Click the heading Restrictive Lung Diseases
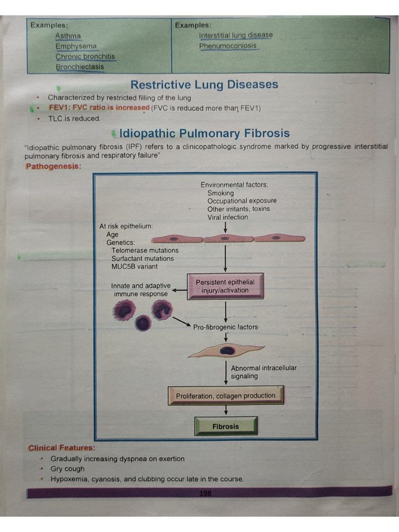[204, 85]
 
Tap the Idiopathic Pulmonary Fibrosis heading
[204, 134]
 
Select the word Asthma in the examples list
[68, 36]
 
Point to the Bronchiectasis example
[79, 67]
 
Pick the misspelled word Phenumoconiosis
[228, 46]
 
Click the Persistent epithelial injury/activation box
[225, 286]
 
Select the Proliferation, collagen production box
[225, 396]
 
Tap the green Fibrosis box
[225, 427]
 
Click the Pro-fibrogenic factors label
[225, 327]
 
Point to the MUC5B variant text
[135, 267]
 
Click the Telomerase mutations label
[144, 250]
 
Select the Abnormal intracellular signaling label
[263, 372]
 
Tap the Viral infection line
[228, 217]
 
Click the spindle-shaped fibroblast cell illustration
[225, 351]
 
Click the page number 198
[205, 493]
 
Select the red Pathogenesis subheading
[54, 166]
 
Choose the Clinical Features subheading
[62, 448]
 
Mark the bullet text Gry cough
[68, 469]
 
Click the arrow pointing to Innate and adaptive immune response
[179, 290]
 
